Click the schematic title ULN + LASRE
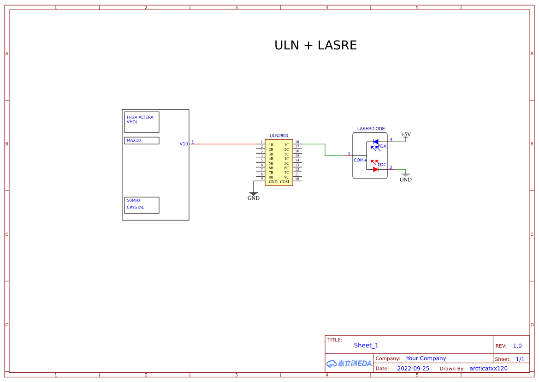pos(315,45)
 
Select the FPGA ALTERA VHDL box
pos(142,122)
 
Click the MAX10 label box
pos(142,140)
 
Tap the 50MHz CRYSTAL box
pos(142,205)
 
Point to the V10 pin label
pos(184,144)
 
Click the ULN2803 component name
pos(278,136)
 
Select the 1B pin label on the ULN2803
pos(271,145)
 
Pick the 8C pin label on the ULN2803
pos(286,177)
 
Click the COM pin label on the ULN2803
pos(284,182)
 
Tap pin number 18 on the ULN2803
pos(297,142)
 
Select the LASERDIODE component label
pos(371,129)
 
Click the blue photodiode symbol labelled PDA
pos(375,142)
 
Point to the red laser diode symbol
pos(375,169)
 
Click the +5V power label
pos(406,135)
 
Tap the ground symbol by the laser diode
pos(406,177)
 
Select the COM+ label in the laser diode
pos(360,160)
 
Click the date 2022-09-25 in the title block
pos(413,369)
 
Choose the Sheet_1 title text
pos(366,345)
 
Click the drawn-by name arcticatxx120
pos(488,369)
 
